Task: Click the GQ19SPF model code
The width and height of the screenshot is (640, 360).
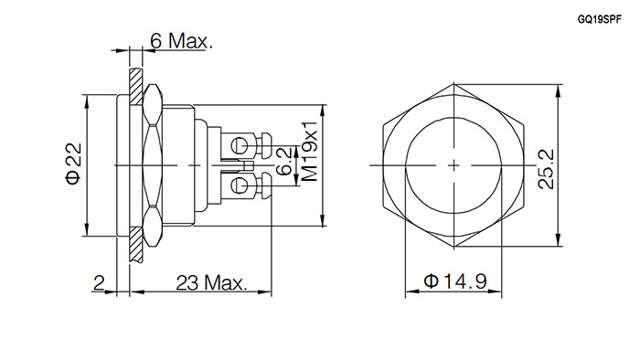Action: (x=599, y=20)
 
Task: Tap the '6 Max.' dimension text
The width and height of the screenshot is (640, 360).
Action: (x=181, y=41)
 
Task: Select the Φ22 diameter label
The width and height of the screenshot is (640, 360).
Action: (x=74, y=164)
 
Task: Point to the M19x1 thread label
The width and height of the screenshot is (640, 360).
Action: (x=310, y=151)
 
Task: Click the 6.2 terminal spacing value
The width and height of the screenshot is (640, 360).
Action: (x=284, y=161)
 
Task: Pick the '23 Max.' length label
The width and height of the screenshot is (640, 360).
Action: (x=212, y=282)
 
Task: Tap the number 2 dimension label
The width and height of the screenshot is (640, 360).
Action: (x=99, y=282)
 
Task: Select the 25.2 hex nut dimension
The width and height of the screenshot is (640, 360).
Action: (x=546, y=168)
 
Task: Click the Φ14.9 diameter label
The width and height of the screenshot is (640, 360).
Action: (x=455, y=281)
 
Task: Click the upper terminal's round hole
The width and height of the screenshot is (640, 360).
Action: (x=239, y=144)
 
